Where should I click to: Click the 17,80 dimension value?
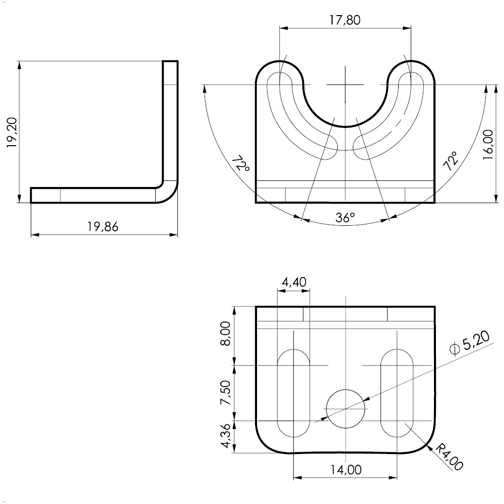click(345, 20)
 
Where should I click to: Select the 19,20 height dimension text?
click(12, 133)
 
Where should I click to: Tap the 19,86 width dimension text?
click(103, 227)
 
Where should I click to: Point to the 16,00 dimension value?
click(488, 144)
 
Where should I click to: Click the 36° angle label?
click(345, 218)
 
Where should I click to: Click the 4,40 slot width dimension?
click(294, 282)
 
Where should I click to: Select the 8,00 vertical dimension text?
click(225, 333)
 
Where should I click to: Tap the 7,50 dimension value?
click(225, 393)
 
